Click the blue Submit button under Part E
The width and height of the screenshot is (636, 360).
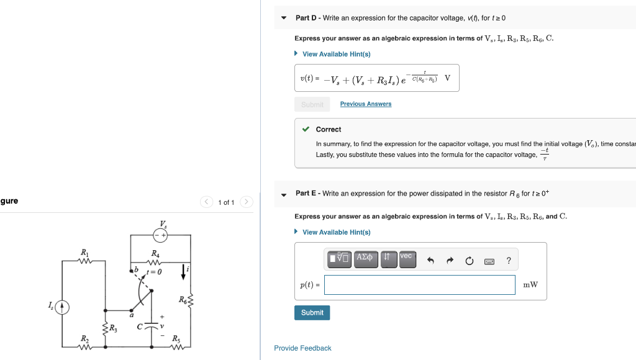tap(312, 313)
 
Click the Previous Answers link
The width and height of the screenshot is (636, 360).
tap(365, 104)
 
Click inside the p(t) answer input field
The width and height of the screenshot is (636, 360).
tap(419, 285)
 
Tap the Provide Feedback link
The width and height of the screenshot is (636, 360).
tap(302, 348)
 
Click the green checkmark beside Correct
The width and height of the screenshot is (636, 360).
tap(306, 129)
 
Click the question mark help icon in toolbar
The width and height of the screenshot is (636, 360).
tap(509, 261)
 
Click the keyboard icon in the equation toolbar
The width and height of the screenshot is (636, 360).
tap(489, 261)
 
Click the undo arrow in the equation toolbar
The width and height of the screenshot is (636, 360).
tap(430, 261)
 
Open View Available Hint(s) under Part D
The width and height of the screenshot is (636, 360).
tap(336, 54)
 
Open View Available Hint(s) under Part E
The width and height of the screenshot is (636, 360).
tap(336, 232)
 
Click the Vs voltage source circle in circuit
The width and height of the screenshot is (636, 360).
tap(161, 235)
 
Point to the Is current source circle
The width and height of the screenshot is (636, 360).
tap(61, 306)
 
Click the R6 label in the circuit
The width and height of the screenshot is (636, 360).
tap(183, 299)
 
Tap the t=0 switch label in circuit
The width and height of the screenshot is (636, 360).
tap(153, 272)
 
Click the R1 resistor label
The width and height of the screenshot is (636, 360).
tap(84, 251)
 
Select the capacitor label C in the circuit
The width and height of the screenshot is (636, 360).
tap(140, 325)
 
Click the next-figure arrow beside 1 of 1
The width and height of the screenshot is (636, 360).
tap(246, 202)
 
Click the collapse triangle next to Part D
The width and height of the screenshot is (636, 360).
tap(284, 18)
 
